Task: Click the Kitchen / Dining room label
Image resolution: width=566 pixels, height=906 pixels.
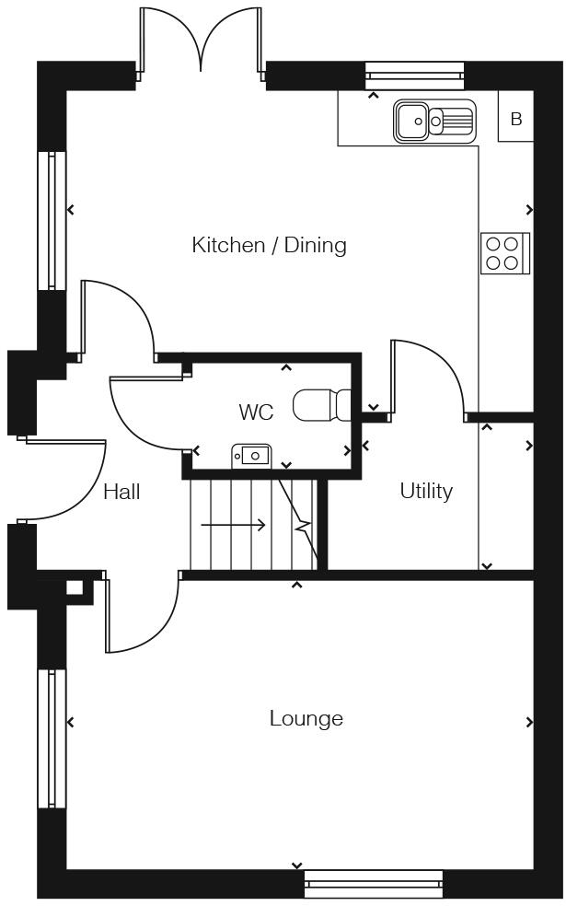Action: tap(269, 245)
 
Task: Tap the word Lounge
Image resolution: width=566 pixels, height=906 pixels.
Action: tap(306, 718)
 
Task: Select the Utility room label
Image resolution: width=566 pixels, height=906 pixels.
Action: tap(426, 491)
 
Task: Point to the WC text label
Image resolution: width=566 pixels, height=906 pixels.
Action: tap(256, 412)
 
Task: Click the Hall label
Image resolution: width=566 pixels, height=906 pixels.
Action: tap(121, 492)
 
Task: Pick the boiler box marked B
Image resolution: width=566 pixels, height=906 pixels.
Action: tap(515, 120)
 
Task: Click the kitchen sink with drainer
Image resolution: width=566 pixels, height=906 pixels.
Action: tap(435, 121)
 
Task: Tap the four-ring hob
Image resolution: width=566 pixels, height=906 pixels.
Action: tap(504, 253)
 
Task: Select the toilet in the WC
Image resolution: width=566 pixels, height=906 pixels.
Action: tap(322, 405)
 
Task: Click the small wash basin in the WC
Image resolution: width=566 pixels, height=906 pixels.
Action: tap(251, 454)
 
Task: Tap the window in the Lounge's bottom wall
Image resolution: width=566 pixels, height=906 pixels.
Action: tap(373, 884)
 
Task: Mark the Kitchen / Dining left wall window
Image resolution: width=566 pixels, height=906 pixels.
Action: tap(52, 221)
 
